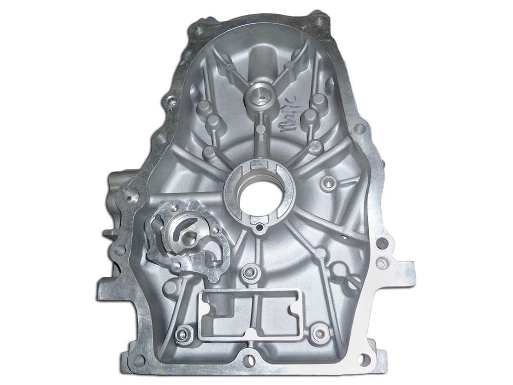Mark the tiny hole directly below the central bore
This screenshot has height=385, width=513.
point(261,227)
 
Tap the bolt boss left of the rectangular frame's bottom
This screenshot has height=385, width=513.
point(181,336)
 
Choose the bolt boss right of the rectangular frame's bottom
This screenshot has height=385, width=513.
point(321,331)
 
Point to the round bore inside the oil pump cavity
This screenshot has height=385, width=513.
point(189,238)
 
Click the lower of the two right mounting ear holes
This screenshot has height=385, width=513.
point(380,264)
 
